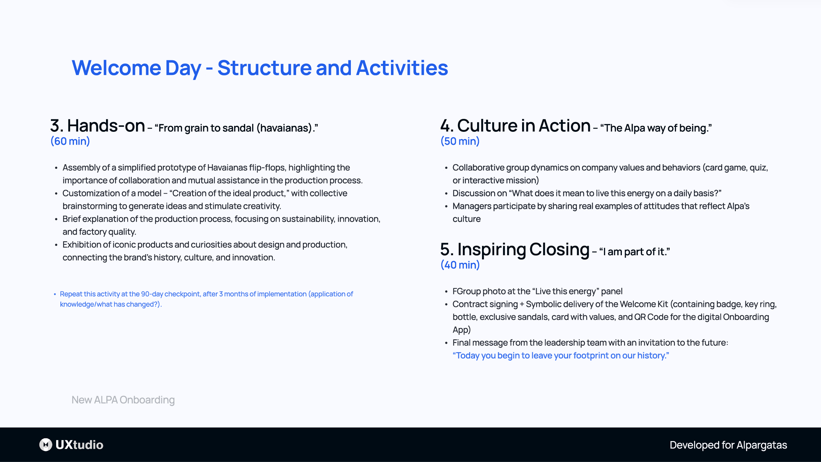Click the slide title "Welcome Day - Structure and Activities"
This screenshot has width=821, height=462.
click(259, 68)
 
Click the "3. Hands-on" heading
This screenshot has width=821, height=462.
click(97, 126)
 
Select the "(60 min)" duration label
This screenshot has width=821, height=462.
click(70, 141)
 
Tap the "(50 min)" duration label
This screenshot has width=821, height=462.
click(460, 141)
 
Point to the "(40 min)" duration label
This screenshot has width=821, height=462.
click(460, 265)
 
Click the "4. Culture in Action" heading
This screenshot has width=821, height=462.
click(515, 126)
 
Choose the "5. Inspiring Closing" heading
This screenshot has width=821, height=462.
click(514, 250)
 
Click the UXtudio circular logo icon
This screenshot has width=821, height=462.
click(46, 445)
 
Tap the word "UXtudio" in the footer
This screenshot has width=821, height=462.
click(80, 445)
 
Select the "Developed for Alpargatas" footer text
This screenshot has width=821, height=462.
click(728, 445)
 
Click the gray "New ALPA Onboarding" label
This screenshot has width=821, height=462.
click(123, 400)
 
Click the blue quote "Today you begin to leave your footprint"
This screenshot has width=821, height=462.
click(560, 356)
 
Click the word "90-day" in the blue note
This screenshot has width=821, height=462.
click(152, 294)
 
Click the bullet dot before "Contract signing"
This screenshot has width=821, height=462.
click(446, 304)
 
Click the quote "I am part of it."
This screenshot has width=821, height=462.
click(634, 252)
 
